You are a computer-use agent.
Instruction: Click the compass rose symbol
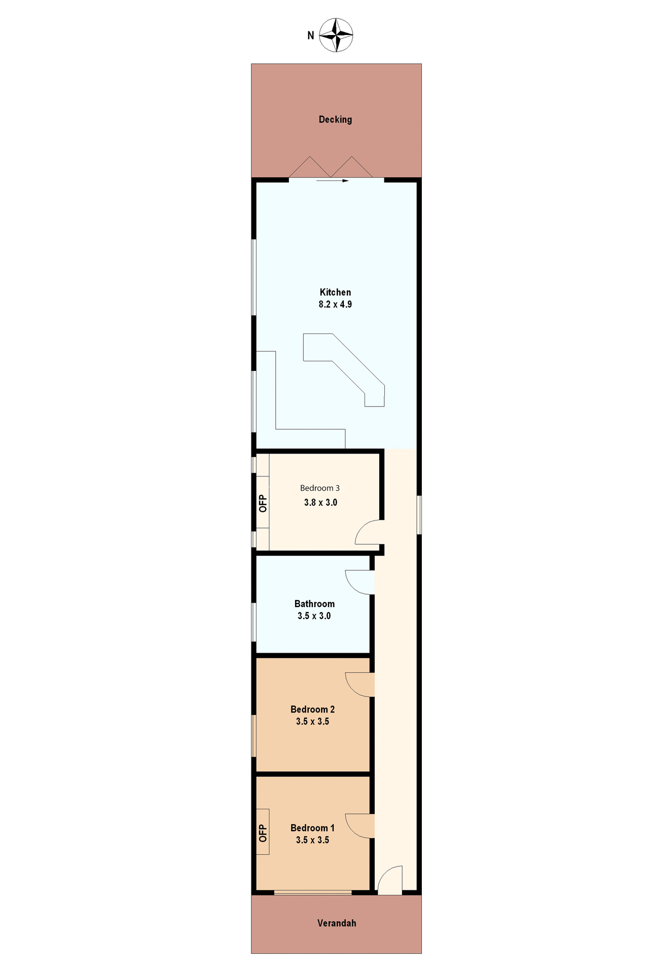pos(336,35)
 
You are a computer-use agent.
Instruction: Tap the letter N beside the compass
pos(311,35)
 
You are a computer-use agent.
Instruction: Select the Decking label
pos(335,120)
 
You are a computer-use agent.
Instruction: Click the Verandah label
pos(337,923)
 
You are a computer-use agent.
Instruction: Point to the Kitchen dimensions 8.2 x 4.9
pos(335,305)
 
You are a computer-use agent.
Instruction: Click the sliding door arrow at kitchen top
pos(333,180)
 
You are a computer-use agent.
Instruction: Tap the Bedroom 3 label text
pos(320,488)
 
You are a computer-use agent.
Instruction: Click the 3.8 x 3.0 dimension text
pos(320,503)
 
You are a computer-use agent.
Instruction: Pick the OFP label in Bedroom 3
pos(263,503)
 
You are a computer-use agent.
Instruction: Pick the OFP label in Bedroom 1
pos(263,833)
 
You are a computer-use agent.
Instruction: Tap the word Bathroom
pos(314,604)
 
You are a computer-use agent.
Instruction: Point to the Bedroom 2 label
pos(312,709)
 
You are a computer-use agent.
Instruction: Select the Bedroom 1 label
pos(312,828)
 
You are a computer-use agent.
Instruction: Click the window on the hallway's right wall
pos(419,515)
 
